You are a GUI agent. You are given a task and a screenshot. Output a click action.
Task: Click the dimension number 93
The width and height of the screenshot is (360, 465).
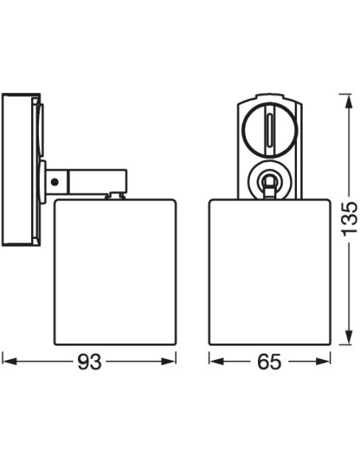[89, 361]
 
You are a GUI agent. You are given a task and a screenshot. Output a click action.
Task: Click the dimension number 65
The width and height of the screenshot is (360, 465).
[269, 361]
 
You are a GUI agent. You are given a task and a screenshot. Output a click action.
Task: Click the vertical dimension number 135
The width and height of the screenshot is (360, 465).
[350, 219]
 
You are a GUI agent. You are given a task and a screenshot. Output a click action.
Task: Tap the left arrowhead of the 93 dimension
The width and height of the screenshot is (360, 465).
[9, 361]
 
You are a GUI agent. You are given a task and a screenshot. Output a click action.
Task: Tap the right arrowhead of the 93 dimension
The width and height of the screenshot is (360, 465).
[169, 361]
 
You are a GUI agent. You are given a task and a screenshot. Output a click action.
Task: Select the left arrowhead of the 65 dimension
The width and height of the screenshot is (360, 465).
[216, 361]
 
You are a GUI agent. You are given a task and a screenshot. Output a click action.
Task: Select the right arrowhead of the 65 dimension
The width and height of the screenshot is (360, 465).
[323, 361]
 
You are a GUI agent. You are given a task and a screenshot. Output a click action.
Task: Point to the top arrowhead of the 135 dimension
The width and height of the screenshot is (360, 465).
[349, 101]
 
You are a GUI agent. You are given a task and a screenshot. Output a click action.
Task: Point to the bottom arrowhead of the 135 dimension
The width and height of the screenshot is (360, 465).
[349, 338]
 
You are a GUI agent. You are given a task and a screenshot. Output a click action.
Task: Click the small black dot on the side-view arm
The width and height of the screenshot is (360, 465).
[54, 182]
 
